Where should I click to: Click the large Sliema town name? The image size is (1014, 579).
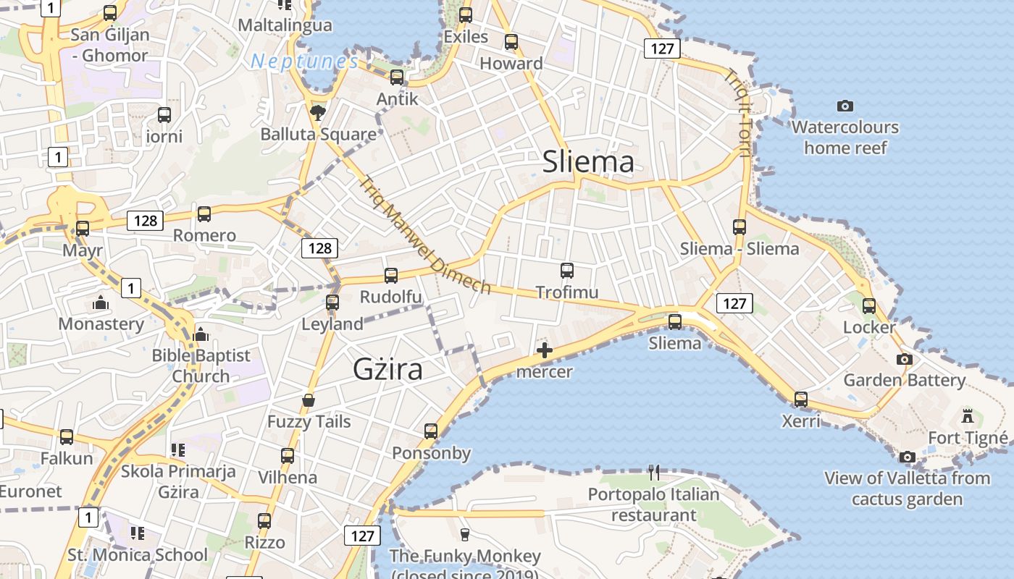pos(588,161)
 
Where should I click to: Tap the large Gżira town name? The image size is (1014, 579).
pos(387,369)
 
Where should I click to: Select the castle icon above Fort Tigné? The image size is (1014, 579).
pos(968,416)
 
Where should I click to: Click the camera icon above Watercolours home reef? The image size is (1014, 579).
pos(845,106)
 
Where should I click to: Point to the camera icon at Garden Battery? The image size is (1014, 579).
pos(904,359)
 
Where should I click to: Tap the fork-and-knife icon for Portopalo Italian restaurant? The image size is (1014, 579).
pos(654,473)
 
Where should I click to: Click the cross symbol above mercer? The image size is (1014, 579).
pos(544,351)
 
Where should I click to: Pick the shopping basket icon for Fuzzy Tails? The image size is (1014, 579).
pos(309,400)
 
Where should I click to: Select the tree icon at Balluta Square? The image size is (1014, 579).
pos(317,112)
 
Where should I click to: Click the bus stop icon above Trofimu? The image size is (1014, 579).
pos(567,271)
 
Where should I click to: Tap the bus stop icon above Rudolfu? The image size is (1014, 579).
pos(391,275)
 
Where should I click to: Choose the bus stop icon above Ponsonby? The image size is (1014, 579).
pos(431,431)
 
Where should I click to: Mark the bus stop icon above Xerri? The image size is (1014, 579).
pos(800,399)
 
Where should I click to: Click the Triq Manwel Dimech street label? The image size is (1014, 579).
pos(424,235)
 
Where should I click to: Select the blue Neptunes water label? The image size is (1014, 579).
pos(304,62)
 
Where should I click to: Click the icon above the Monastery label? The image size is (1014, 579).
pos(101,302)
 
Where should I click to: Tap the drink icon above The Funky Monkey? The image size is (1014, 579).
pos(465,534)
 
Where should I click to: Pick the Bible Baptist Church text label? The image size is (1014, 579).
pos(201,365)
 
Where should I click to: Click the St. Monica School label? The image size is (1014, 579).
pos(138,555)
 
